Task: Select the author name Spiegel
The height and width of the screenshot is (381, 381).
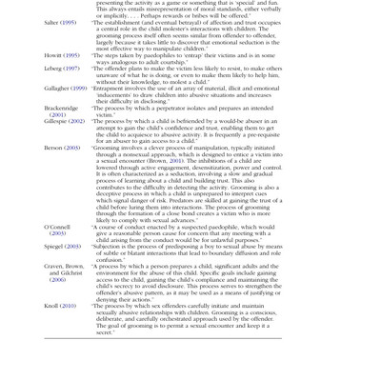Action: pos(54,248)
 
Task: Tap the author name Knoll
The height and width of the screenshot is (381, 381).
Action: pos(52,304)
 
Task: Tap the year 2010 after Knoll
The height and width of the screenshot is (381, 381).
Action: pos(69,304)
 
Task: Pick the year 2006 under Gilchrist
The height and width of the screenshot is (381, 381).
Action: pos(57,281)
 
